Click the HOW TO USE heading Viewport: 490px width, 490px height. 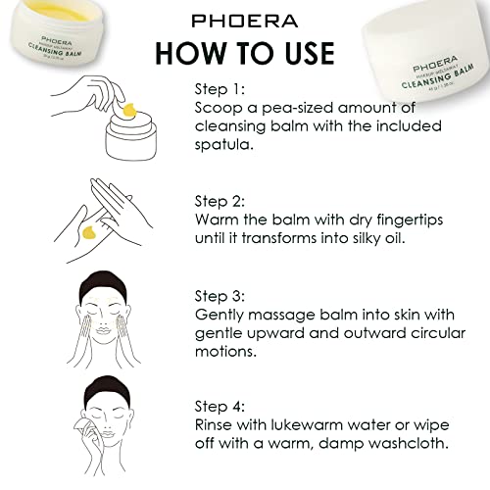pos(244,52)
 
